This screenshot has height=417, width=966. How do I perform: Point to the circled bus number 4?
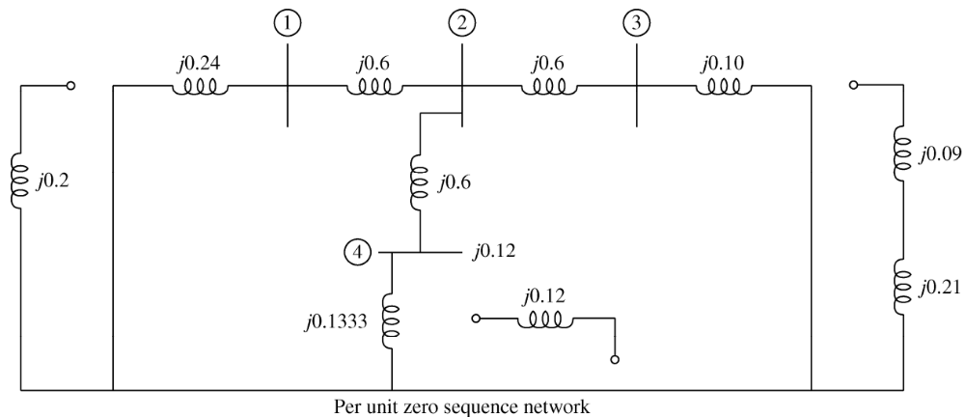(x=358, y=254)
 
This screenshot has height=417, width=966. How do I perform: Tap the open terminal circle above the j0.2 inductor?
(x=69, y=85)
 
